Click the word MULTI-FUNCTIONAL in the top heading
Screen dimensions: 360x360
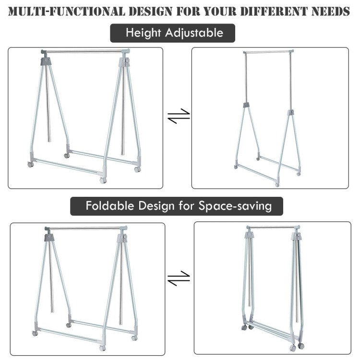(67, 12)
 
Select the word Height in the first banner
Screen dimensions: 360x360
(143, 33)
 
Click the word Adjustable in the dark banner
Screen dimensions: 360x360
(194, 33)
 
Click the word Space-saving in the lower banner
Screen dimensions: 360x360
(235, 206)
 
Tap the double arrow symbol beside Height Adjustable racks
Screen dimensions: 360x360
(179, 116)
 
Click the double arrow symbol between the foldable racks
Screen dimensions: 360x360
(179, 278)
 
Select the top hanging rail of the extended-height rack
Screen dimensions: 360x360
(268, 52)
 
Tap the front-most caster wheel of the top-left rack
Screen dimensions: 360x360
(103, 180)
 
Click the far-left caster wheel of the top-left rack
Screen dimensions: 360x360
(31, 164)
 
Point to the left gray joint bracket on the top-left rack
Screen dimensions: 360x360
(46, 61)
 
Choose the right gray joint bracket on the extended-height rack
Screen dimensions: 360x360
(290, 113)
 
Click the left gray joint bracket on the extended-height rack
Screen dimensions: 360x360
(247, 105)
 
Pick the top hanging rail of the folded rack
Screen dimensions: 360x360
(273, 228)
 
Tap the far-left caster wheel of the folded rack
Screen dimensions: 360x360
(244, 328)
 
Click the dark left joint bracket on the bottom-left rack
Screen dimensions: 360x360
(49, 238)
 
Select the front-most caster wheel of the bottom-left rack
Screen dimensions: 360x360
(102, 348)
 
